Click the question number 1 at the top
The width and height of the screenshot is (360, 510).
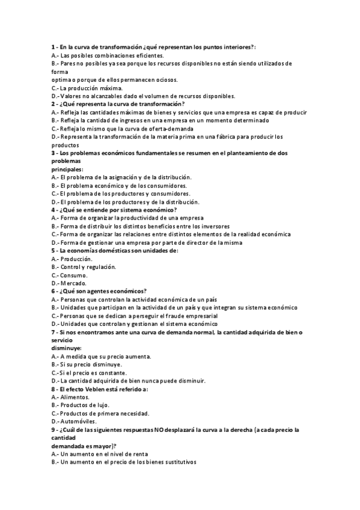(53, 46)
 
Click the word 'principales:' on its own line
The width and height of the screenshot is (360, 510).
(67, 170)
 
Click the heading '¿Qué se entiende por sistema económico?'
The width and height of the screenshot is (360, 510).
(118, 210)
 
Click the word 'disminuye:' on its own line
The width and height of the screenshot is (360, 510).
(66, 348)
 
